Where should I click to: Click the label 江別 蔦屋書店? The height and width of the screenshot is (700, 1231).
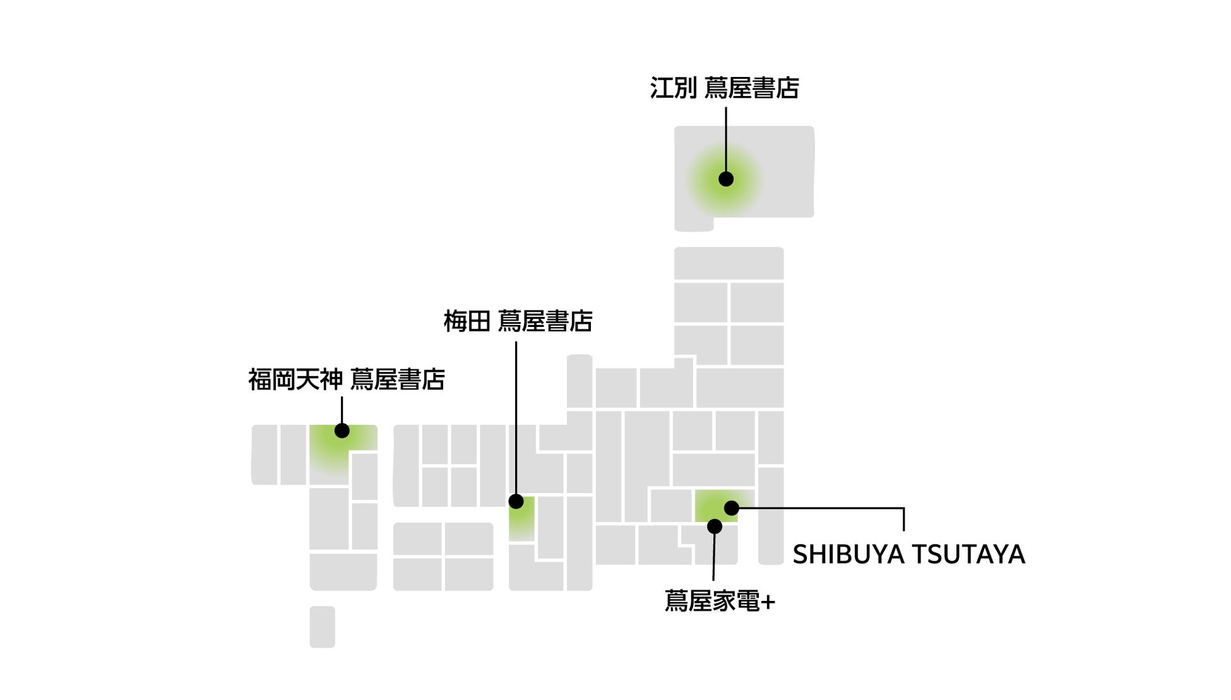pos(724,88)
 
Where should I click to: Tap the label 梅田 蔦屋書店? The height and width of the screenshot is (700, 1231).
pos(518,321)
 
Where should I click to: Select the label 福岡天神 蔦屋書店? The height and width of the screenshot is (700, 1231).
pos(346,379)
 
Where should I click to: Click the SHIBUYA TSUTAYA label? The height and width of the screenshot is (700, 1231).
pos(908,554)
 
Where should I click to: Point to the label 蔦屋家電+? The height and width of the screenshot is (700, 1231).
pos(720,601)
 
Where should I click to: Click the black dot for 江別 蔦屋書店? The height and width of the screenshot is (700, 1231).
pos(726,179)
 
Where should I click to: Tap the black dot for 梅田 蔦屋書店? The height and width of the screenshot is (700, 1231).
pos(516,501)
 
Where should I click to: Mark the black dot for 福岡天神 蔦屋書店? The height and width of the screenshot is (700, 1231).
pos(342,430)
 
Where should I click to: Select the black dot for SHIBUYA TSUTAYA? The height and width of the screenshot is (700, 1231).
pos(731,507)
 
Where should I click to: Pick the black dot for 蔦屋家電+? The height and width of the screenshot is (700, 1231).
pos(715,526)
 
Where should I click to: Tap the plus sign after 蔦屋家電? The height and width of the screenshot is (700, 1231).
pos(768,602)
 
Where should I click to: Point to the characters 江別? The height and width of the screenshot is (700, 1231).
pos(673,88)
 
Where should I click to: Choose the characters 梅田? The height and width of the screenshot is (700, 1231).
pos(467,321)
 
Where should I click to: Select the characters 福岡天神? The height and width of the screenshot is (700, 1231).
pos(295,379)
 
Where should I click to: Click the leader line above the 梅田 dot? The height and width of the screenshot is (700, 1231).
pos(516,417)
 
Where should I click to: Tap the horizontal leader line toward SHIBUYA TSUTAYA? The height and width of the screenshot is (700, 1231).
pos(821,507)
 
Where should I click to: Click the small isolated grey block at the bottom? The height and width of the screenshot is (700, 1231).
pos(322,627)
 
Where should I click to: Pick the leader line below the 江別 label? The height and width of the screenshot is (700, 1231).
pos(726,139)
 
